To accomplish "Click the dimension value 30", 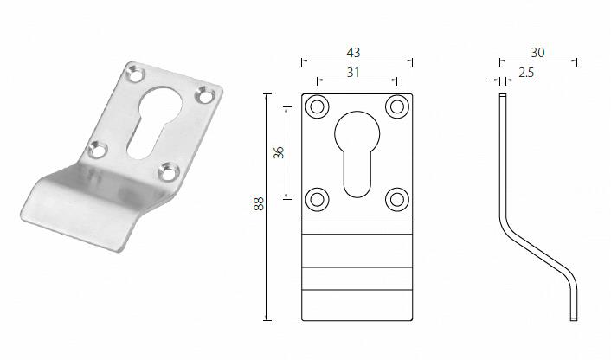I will click(x=537, y=52).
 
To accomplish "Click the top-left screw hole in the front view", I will click(x=317, y=107).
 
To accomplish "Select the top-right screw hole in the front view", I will click(x=396, y=107).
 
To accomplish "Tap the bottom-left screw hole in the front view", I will click(x=317, y=198).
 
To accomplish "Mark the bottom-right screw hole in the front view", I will click(x=396, y=198).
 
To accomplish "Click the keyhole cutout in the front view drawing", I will click(x=357, y=151).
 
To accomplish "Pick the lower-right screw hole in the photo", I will click(x=169, y=172).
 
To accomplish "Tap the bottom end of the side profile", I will click(x=573, y=316).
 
